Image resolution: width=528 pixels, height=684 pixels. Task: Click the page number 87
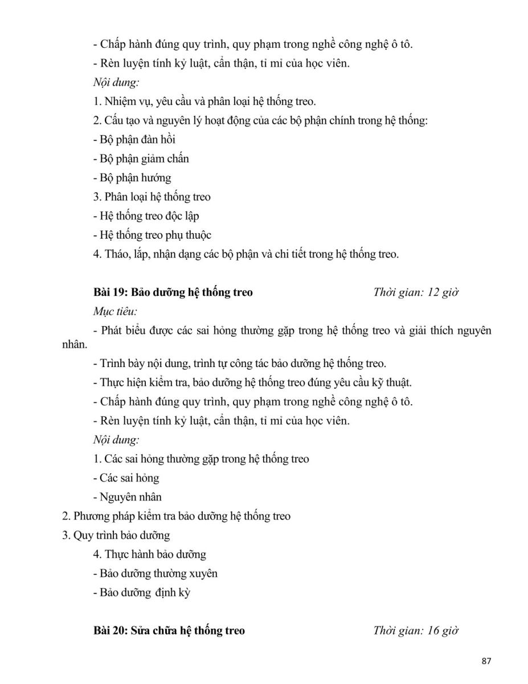pyautogui.click(x=486, y=661)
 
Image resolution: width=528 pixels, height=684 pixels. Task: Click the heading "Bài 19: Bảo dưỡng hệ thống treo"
pyautogui.click(x=173, y=293)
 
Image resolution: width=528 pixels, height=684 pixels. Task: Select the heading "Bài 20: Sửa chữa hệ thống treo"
pyautogui.click(x=169, y=631)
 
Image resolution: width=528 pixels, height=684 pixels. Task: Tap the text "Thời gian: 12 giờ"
pyautogui.click(x=416, y=293)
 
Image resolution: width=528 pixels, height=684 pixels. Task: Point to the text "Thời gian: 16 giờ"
pyautogui.click(x=416, y=631)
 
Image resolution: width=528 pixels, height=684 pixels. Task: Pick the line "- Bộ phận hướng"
pyautogui.click(x=132, y=178)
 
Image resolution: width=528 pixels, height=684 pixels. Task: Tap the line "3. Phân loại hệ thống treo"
pyautogui.click(x=152, y=197)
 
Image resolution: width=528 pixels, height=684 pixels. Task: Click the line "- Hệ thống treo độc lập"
pyautogui.click(x=146, y=217)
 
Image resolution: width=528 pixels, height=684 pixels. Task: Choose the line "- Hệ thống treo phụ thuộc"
pyautogui.click(x=152, y=235)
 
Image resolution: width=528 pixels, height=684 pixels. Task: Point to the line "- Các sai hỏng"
pyautogui.click(x=126, y=478)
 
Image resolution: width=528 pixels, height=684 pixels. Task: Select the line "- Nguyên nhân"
pyautogui.click(x=127, y=498)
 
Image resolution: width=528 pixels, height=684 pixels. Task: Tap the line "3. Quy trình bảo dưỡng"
pyautogui.click(x=116, y=536)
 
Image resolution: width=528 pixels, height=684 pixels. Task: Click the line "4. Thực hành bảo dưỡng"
pyautogui.click(x=149, y=554)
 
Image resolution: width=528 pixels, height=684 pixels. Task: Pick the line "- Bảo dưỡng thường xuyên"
pyautogui.click(x=154, y=573)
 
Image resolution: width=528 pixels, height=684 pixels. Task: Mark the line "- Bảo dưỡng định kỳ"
pyautogui.click(x=141, y=593)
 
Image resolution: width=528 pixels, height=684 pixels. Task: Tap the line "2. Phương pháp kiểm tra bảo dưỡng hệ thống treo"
pyautogui.click(x=176, y=516)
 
